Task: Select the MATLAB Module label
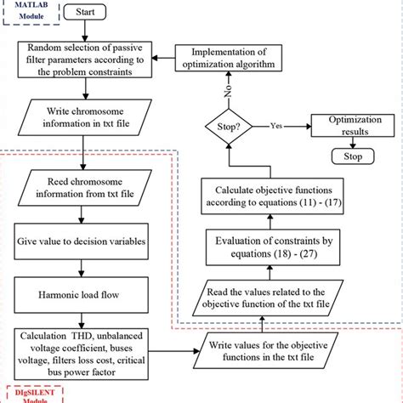(26, 13)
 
